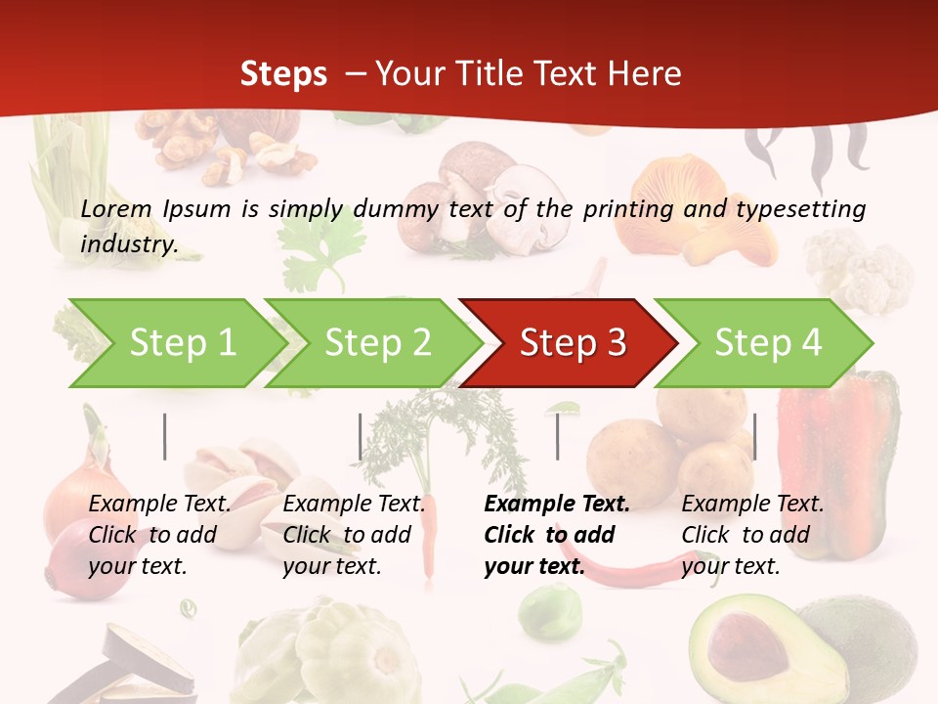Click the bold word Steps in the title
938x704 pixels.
[283, 73]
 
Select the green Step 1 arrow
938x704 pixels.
[176, 343]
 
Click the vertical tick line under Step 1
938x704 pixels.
[165, 436]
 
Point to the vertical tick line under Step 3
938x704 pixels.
[557, 436]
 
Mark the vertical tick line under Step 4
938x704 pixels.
[754, 436]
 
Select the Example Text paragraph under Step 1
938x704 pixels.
[159, 535]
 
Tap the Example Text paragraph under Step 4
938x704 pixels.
[752, 535]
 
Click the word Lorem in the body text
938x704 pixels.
[116, 209]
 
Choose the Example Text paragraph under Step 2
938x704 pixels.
[354, 535]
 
